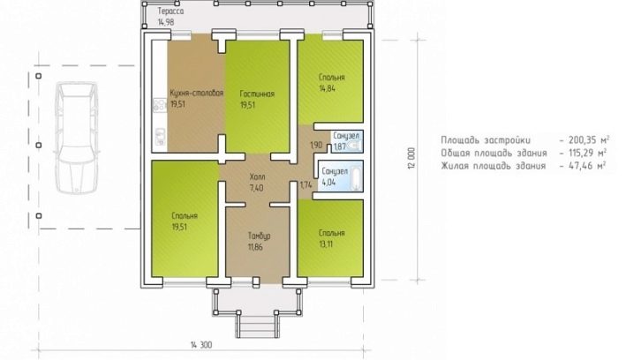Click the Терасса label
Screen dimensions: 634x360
[170, 11]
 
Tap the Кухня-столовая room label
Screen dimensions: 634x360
[197, 94]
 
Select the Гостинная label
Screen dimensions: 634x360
[257, 94]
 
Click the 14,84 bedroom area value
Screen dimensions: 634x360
[327, 88]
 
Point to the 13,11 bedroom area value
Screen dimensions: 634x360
[326, 244]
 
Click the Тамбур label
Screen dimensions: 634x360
[260, 236]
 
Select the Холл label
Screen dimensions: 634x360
[257, 176]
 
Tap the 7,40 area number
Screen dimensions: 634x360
[257, 187]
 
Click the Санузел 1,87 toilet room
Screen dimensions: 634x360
[347, 141]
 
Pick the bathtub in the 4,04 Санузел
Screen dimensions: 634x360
[356, 176]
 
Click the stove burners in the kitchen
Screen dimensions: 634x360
[159, 106]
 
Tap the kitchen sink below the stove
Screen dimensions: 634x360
[160, 137]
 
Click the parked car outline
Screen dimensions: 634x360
[77, 138]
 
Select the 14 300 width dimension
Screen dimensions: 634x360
[201, 345]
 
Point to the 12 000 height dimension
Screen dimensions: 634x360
[411, 158]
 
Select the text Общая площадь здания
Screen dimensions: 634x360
[494, 154]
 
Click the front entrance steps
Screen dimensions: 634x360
[257, 325]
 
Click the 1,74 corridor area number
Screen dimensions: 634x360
[306, 185]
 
